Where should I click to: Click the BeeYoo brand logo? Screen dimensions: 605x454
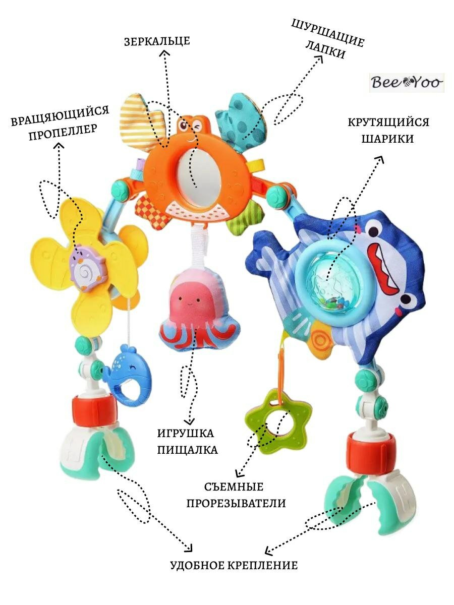407,82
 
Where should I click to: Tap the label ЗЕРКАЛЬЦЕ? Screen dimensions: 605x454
157,41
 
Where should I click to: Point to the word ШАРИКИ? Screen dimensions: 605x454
387,139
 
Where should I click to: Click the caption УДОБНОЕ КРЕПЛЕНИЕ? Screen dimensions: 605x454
234,565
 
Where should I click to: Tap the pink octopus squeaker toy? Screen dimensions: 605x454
187,312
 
